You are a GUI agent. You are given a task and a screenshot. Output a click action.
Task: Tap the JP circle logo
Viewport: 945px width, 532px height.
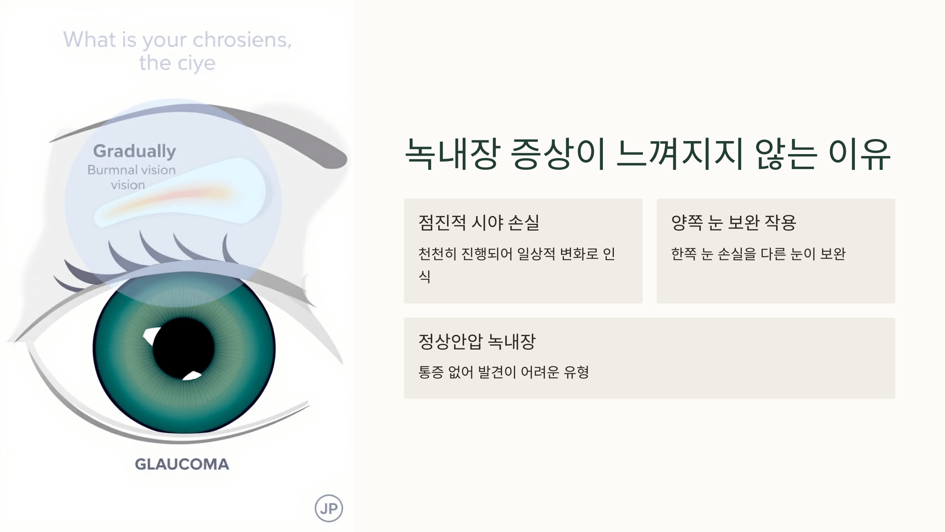tap(329, 508)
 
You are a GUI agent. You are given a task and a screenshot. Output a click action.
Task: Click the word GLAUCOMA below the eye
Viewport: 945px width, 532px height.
tap(182, 464)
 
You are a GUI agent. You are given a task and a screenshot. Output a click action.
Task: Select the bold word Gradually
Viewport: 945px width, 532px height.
tap(135, 151)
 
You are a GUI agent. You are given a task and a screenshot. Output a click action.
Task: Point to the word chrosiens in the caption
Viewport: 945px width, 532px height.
tap(242, 40)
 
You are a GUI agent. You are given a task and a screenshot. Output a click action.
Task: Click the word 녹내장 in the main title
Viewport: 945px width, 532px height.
tap(453, 154)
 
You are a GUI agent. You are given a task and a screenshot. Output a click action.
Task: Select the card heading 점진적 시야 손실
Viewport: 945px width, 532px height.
tap(479, 223)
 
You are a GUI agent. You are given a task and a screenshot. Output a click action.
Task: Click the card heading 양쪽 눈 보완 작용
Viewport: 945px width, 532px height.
tap(734, 223)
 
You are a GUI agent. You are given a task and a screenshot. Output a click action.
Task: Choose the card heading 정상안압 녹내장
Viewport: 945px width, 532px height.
tap(477, 342)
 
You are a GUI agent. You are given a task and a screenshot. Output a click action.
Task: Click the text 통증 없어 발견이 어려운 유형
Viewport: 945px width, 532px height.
tap(504, 372)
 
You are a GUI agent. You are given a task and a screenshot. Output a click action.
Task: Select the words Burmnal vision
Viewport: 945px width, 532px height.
tap(132, 170)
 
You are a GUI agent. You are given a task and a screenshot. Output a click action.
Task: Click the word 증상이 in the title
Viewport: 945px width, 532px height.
tap(558, 154)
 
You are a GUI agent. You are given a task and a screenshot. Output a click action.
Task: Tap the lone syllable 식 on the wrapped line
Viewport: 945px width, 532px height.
tap(424, 276)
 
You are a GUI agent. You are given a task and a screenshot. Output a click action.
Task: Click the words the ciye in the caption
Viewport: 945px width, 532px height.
tap(177, 63)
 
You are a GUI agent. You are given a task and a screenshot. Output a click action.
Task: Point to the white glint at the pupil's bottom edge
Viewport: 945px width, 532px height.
tap(193, 376)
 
